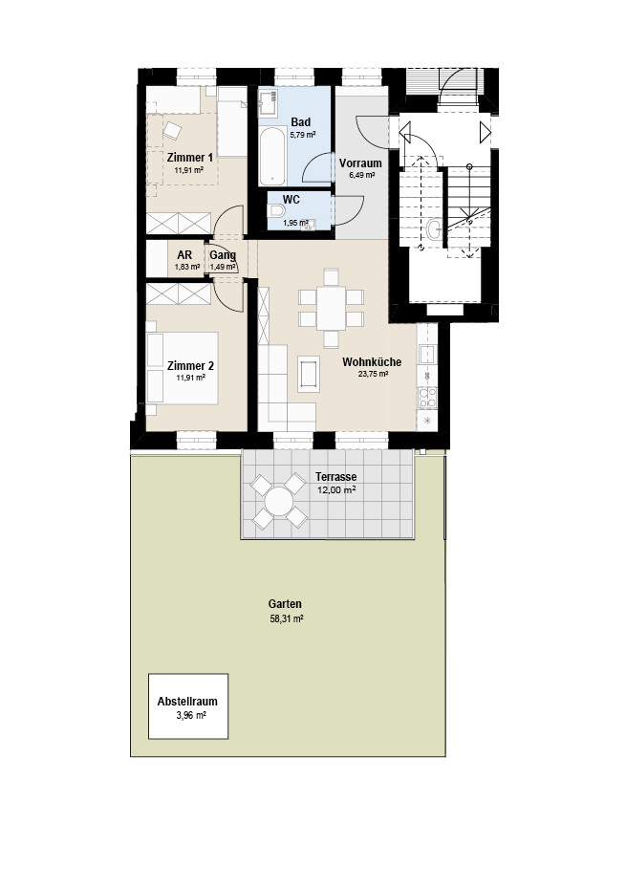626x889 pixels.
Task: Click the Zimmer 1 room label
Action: coord(190,158)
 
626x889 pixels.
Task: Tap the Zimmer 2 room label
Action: coord(190,366)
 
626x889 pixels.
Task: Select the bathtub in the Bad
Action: coord(272,156)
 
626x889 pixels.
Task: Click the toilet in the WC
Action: coord(277,211)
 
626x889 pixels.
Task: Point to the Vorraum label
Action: coord(360,163)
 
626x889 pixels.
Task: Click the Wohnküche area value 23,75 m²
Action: coord(373,374)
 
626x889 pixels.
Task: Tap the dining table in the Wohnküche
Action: coord(331,308)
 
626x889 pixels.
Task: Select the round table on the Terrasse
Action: coord(278,502)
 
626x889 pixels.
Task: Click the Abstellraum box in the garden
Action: coord(188,706)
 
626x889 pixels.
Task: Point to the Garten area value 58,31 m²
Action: coord(287,619)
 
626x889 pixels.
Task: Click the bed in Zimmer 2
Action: coord(182,369)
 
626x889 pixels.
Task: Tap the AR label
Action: coord(184,255)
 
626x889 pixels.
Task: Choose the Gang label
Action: coord(223,255)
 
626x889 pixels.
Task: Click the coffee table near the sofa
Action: coord(309,374)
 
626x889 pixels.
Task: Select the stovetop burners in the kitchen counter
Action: coord(427,397)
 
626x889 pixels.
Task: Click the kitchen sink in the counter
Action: coord(426,355)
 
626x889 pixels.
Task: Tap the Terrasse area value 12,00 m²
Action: coord(336,490)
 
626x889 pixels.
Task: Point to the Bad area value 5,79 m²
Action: coord(303,135)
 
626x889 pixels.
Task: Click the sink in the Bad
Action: coord(268,102)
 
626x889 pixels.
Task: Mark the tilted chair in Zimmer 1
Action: coord(172,131)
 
